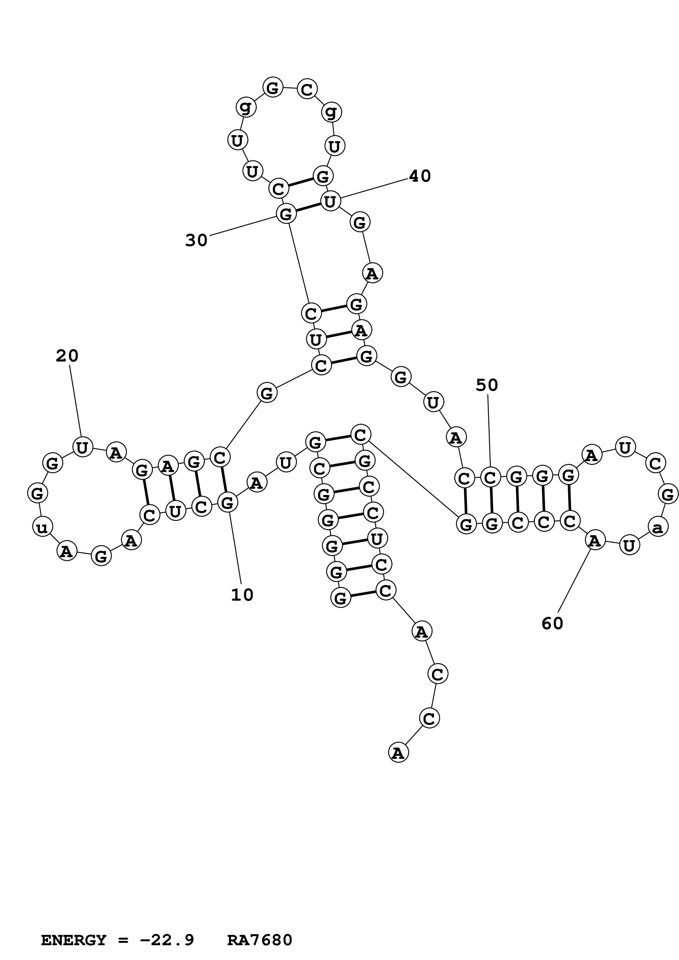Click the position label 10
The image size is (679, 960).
click(x=242, y=595)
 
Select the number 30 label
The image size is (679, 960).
click(x=196, y=241)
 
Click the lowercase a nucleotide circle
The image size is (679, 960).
click(x=658, y=528)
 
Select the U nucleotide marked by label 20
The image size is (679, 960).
click(x=82, y=447)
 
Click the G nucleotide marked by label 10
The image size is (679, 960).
click(x=227, y=502)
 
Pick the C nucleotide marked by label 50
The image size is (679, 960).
click(x=490, y=477)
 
